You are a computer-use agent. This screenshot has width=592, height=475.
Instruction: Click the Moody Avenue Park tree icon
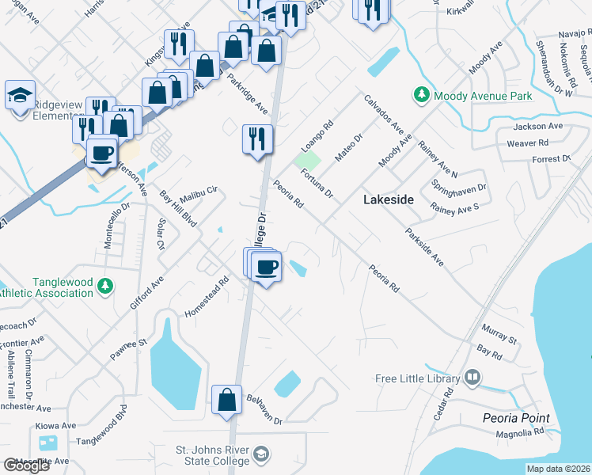tap(422, 95)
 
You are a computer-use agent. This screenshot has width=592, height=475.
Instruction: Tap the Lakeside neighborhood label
tap(388, 200)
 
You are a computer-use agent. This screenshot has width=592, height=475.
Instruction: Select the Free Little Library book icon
tap(472, 377)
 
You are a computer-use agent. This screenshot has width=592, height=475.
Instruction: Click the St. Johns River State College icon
tap(262, 454)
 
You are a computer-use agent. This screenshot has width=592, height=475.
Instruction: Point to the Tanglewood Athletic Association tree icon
tap(104, 287)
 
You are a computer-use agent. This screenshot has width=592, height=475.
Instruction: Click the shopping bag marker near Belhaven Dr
tap(226, 400)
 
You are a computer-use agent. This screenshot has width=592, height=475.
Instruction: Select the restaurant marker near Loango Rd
tap(257, 139)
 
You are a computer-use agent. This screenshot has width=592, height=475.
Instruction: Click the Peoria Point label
tap(515, 417)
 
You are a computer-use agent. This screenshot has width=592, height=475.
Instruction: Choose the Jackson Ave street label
tap(537, 127)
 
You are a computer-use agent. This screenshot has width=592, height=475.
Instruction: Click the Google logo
tap(26, 465)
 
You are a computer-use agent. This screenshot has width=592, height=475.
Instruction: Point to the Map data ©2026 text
tap(558, 469)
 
